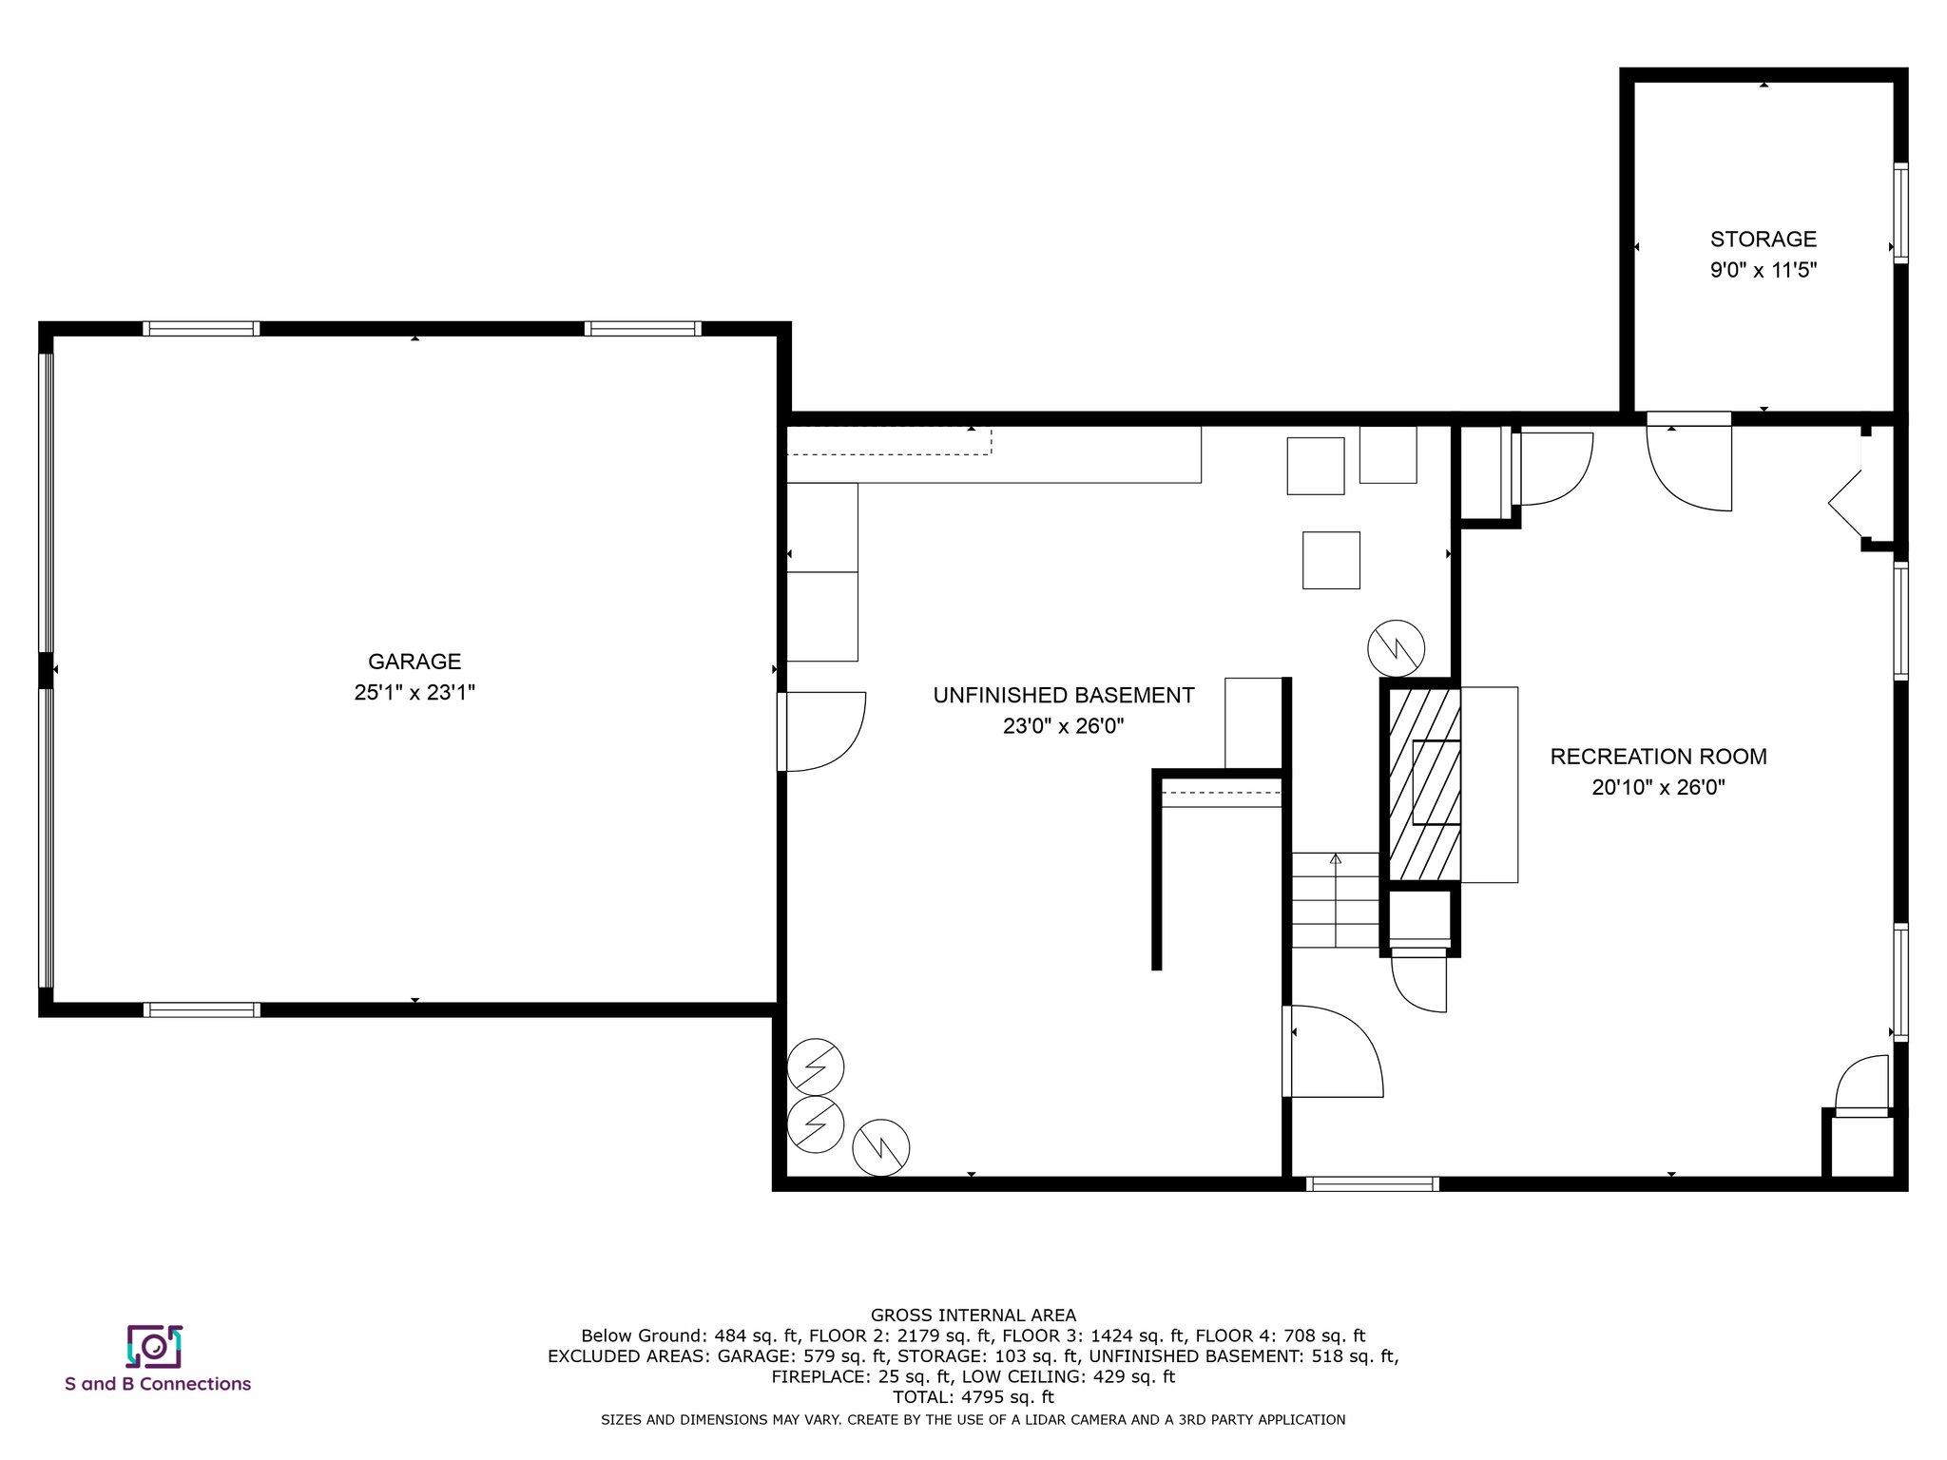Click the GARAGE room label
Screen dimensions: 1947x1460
pyautogui.click(x=414, y=662)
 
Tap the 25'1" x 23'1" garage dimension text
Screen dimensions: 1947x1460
pyautogui.click(x=414, y=693)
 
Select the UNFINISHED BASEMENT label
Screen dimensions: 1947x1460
pyautogui.click(x=1064, y=696)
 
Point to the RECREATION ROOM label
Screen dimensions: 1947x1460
pyautogui.click(x=1659, y=757)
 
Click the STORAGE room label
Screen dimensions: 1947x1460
pyautogui.click(x=1764, y=240)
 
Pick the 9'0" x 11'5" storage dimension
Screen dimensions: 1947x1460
pyautogui.click(x=1764, y=270)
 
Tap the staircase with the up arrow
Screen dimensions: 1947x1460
pyautogui.click(x=1335, y=899)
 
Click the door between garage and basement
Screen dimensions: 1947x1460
pyautogui.click(x=820, y=731)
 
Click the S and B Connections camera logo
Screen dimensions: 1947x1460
pyautogui.click(x=154, y=1346)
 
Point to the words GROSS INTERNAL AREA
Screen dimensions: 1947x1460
pyautogui.click(x=973, y=1316)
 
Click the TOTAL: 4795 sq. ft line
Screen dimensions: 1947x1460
pyautogui.click(x=973, y=1397)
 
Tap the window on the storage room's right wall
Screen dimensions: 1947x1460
pyautogui.click(x=1900, y=212)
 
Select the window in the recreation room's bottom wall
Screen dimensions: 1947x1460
pyautogui.click(x=1372, y=1183)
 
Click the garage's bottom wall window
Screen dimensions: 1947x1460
pyautogui.click(x=202, y=1009)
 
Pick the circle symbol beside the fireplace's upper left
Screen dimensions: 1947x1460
pyautogui.click(x=1396, y=649)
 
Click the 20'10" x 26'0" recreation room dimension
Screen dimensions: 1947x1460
pyautogui.click(x=1659, y=788)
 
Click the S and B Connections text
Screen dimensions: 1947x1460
pyautogui.click(x=158, y=1384)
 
